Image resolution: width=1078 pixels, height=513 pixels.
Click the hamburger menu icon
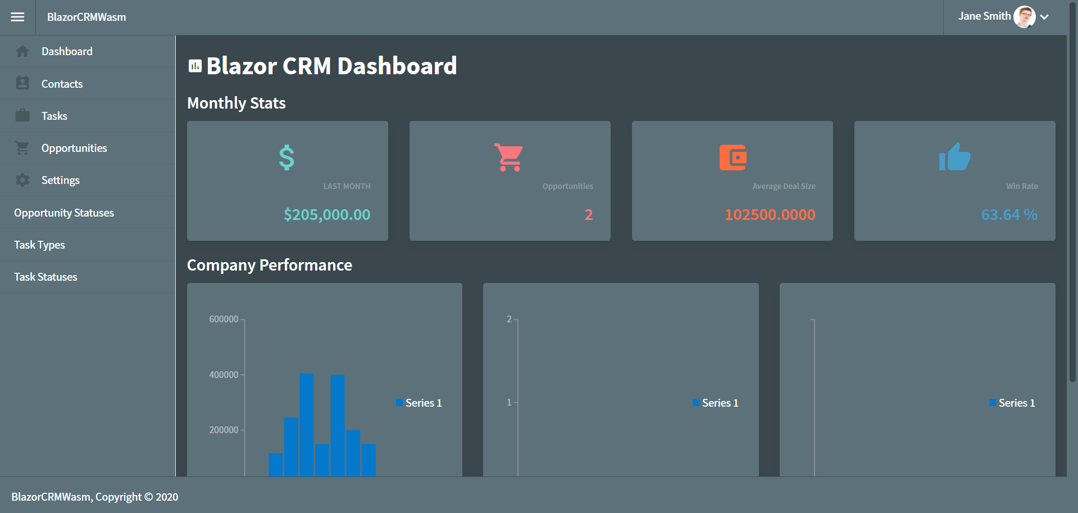(17, 17)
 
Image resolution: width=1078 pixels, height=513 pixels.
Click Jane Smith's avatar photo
(1024, 17)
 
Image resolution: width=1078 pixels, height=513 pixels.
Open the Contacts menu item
(62, 84)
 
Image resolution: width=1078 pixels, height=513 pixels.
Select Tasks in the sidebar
(54, 116)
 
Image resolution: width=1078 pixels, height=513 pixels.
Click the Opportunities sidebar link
(74, 148)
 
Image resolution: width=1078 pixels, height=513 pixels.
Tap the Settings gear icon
(22, 180)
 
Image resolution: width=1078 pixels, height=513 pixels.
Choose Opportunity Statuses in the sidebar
(64, 213)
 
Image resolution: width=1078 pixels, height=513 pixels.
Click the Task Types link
(39, 245)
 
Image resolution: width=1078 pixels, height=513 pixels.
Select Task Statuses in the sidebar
(46, 277)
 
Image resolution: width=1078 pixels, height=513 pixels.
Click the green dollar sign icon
(286, 157)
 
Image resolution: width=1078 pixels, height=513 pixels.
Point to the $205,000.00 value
(327, 214)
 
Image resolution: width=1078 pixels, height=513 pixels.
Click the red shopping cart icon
(509, 157)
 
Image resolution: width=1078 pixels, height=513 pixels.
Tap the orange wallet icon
(733, 157)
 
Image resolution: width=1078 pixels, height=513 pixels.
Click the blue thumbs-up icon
(954, 157)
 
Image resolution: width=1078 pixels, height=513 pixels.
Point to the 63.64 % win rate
(1009, 214)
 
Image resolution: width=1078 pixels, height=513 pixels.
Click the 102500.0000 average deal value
(770, 214)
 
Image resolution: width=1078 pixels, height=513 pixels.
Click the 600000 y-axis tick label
(224, 319)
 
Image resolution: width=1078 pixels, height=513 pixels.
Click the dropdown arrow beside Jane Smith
(1044, 17)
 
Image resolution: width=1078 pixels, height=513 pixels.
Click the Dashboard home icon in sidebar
(22, 51)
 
